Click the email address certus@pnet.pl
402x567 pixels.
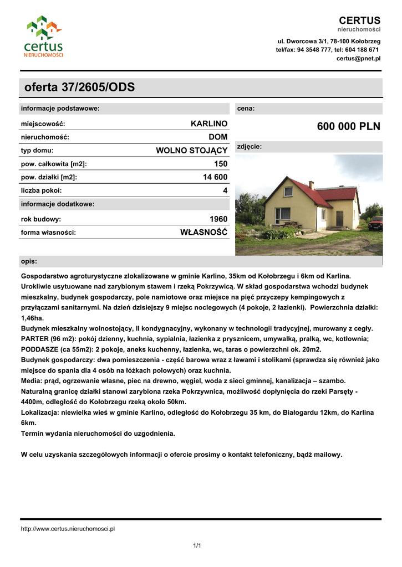[358, 58]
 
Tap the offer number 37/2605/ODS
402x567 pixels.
[79, 87]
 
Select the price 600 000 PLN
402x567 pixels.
[349, 127]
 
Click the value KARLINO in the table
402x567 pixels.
[209, 123]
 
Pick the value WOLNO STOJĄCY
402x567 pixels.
[192, 150]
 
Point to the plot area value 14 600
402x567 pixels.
[215, 177]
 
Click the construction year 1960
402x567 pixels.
[218, 219]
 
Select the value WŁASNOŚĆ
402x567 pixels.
[204, 232]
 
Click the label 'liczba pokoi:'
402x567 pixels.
[42, 190]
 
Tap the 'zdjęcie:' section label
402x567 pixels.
[250, 147]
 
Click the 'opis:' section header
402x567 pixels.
[29, 261]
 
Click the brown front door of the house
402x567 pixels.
[339, 219]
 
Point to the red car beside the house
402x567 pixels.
[376, 223]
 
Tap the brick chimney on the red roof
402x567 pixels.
[311, 185]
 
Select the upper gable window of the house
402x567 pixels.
[288, 192]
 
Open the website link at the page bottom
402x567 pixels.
[68, 529]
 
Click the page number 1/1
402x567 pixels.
[197, 546]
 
